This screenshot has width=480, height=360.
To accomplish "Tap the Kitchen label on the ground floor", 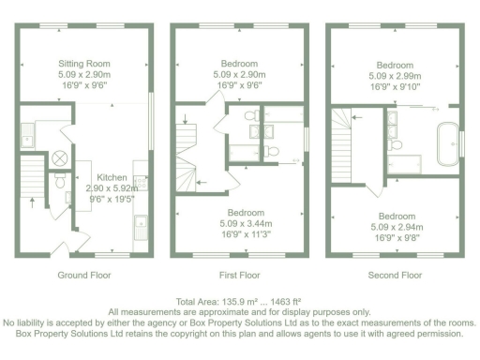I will tap(113, 177).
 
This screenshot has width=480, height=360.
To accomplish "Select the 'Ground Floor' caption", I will tap(85, 276).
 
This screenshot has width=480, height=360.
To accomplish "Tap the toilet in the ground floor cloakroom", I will tap(58, 177).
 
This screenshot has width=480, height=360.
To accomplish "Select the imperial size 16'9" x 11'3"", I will tap(240, 235).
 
